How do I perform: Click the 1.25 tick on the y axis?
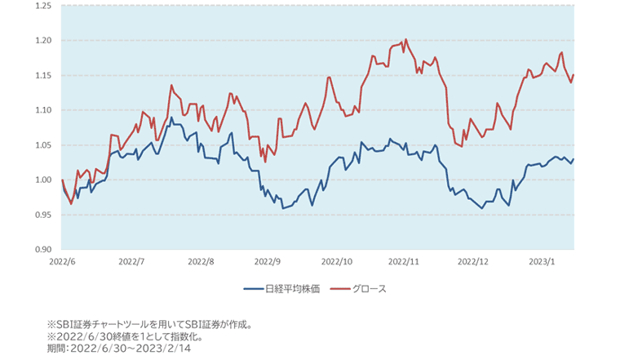pyautogui.click(x=42, y=6)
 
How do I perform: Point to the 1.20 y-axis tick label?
pyautogui.click(x=42, y=41)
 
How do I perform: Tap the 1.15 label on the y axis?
pyautogui.click(x=42, y=75)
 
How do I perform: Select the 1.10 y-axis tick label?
pyautogui.click(x=42, y=110)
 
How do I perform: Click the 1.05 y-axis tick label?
pyautogui.click(x=42, y=145)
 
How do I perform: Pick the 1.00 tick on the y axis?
pyautogui.click(x=42, y=180)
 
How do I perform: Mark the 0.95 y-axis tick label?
pyautogui.click(x=42, y=215)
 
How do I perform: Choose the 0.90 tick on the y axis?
pyautogui.click(x=42, y=249)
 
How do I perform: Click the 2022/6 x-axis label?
pyautogui.click(x=62, y=263)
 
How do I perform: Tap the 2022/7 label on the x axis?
pyautogui.click(x=131, y=263)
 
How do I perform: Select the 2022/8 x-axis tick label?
pyautogui.click(x=200, y=263)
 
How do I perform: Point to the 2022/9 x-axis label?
pyautogui.click(x=268, y=263)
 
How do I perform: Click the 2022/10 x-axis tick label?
pyautogui.click(x=337, y=263)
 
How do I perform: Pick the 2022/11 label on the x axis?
pyautogui.click(x=405, y=263)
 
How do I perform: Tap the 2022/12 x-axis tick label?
pyautogui.click(x=473, y=263)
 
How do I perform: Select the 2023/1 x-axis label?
pyautogui.click(x=542, y=263)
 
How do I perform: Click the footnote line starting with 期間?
pyautogui.click(x=119, y=348)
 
